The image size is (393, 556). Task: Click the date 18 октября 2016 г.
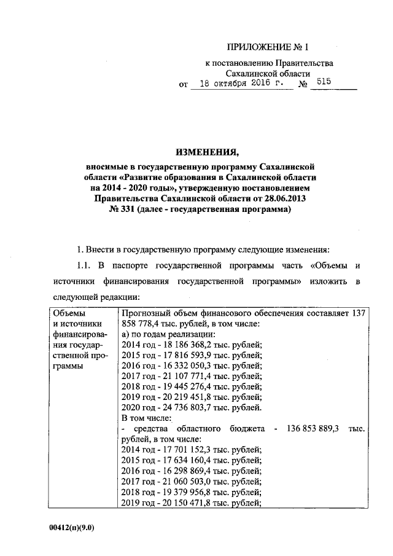coord(239,85)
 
